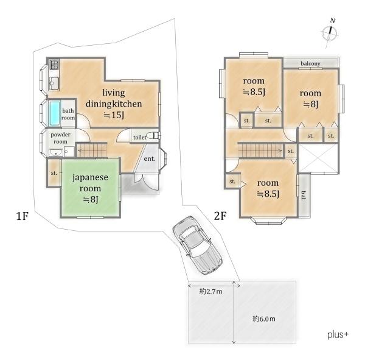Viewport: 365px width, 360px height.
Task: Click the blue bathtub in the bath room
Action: click(55, 113)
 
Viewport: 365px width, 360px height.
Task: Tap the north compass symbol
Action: click(330, 33)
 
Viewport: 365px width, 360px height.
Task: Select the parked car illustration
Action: click(197, 245)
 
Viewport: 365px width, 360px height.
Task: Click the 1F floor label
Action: click(23, 216)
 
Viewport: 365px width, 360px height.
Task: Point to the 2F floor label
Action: click(220, 216)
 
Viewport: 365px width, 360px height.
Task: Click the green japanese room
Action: click(90, 188)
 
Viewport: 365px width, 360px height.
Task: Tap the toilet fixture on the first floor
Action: click(154, 135)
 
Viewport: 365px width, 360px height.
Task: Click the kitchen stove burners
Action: click(55, 65)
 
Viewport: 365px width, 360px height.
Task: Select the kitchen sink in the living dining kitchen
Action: click(54, 83)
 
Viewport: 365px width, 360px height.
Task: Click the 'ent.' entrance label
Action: click(150, 159)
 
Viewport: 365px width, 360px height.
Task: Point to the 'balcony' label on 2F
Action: click(310, 63)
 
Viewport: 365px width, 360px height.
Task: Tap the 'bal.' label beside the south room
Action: click(304, 196)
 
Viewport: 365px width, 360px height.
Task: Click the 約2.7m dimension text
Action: click(210, 291)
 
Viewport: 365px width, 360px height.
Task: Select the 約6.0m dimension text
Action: click(264, 319)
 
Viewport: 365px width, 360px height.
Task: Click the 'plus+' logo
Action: click(338, 335)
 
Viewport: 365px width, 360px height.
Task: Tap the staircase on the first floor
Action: click(92, 150)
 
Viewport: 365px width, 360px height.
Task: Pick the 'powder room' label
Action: click(60, 138)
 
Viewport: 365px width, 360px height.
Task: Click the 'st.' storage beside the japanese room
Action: click(54, 173)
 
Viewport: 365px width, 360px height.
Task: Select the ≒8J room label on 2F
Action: click(310, 104)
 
